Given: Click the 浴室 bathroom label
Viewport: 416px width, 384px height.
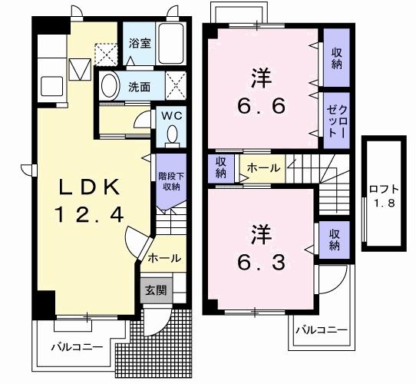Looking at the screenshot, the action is [x=140, y=44].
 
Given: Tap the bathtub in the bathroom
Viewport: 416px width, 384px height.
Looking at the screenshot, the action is [x=171, y=44].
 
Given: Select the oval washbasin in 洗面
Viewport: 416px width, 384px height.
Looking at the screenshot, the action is [x=109, y=86].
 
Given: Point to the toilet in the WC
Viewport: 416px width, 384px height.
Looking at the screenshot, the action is [x=173, y=136].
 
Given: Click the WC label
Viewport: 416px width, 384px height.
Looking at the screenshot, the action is [x=172, y=116].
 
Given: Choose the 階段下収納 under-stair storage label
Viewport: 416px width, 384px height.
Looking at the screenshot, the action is [x=171, y=181].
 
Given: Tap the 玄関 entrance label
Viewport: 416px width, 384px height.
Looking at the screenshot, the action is [x=156, y=290].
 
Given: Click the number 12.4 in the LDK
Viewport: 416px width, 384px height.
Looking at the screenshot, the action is [x=89, y=214].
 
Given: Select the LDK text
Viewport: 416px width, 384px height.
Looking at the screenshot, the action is [x=89, y=187].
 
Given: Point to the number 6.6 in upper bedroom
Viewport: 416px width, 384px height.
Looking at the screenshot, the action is [x=261, y=106].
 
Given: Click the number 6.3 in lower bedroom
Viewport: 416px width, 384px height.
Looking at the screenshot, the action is [x=261, y=262].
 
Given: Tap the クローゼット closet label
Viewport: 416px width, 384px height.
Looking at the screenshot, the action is [x=337, y=121].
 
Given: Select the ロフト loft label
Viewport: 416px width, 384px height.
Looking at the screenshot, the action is [x=384, y=190].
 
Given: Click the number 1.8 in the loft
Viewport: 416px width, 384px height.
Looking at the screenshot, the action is [x=385, y=204].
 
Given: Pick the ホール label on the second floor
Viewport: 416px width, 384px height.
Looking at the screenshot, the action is [x=263, y=168].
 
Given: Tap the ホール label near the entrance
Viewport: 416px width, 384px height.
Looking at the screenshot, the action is [x=164, y=258].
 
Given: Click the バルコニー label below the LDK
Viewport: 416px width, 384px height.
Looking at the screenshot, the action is [x=77, y=347].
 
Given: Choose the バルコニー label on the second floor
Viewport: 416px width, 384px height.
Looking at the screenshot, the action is [x=322, y=330].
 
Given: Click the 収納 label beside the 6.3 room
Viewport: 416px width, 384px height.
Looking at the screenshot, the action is [x=335, y=240].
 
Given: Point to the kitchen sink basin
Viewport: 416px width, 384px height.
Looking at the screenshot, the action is [x=51, y=86].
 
